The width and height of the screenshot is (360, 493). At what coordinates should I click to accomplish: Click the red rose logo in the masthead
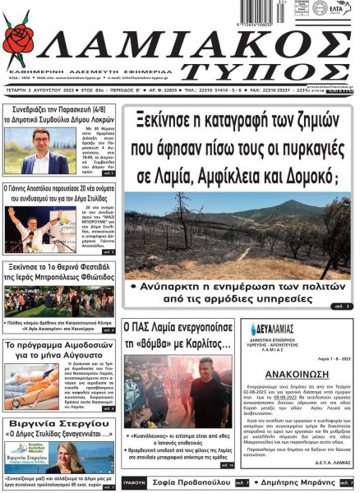click(x=18, y=39)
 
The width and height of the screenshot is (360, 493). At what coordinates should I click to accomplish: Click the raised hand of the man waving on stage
click(x=11, y=212)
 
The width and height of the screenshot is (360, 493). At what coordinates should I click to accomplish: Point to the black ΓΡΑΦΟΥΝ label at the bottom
click(x=135, y=484)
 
